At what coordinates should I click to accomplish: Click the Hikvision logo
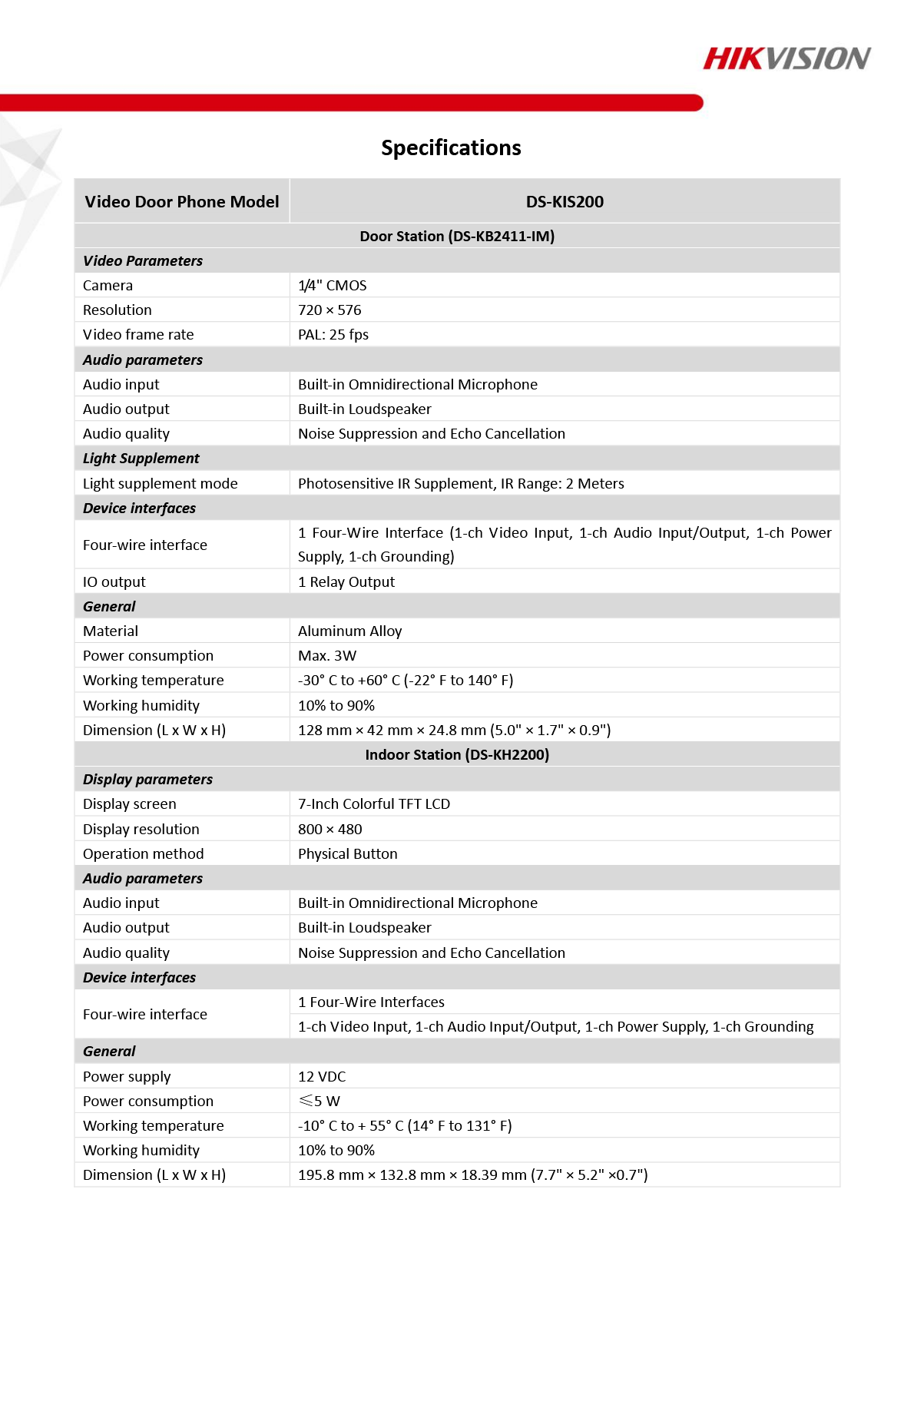787,58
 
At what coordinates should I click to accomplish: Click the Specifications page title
451,147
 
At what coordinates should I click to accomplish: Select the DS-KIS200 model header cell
565,202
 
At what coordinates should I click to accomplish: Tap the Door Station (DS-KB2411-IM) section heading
457,236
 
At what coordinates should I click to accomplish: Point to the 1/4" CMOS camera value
333,286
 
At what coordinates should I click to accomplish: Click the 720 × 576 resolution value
330,310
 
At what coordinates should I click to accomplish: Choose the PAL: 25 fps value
333,335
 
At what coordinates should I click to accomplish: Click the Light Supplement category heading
141,459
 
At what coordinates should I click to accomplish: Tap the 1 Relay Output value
346,582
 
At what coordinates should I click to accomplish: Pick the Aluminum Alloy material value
350,631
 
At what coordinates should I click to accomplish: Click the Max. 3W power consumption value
327,656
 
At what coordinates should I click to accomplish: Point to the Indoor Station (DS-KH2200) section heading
457,755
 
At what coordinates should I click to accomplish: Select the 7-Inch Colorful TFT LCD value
374,804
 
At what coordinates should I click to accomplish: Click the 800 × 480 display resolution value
330,830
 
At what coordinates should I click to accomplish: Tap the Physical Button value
348,854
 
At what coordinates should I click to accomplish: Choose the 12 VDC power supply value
322,1077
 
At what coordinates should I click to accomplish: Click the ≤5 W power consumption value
320,1102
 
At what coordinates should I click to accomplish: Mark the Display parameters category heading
148,780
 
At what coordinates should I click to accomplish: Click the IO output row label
114,582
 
